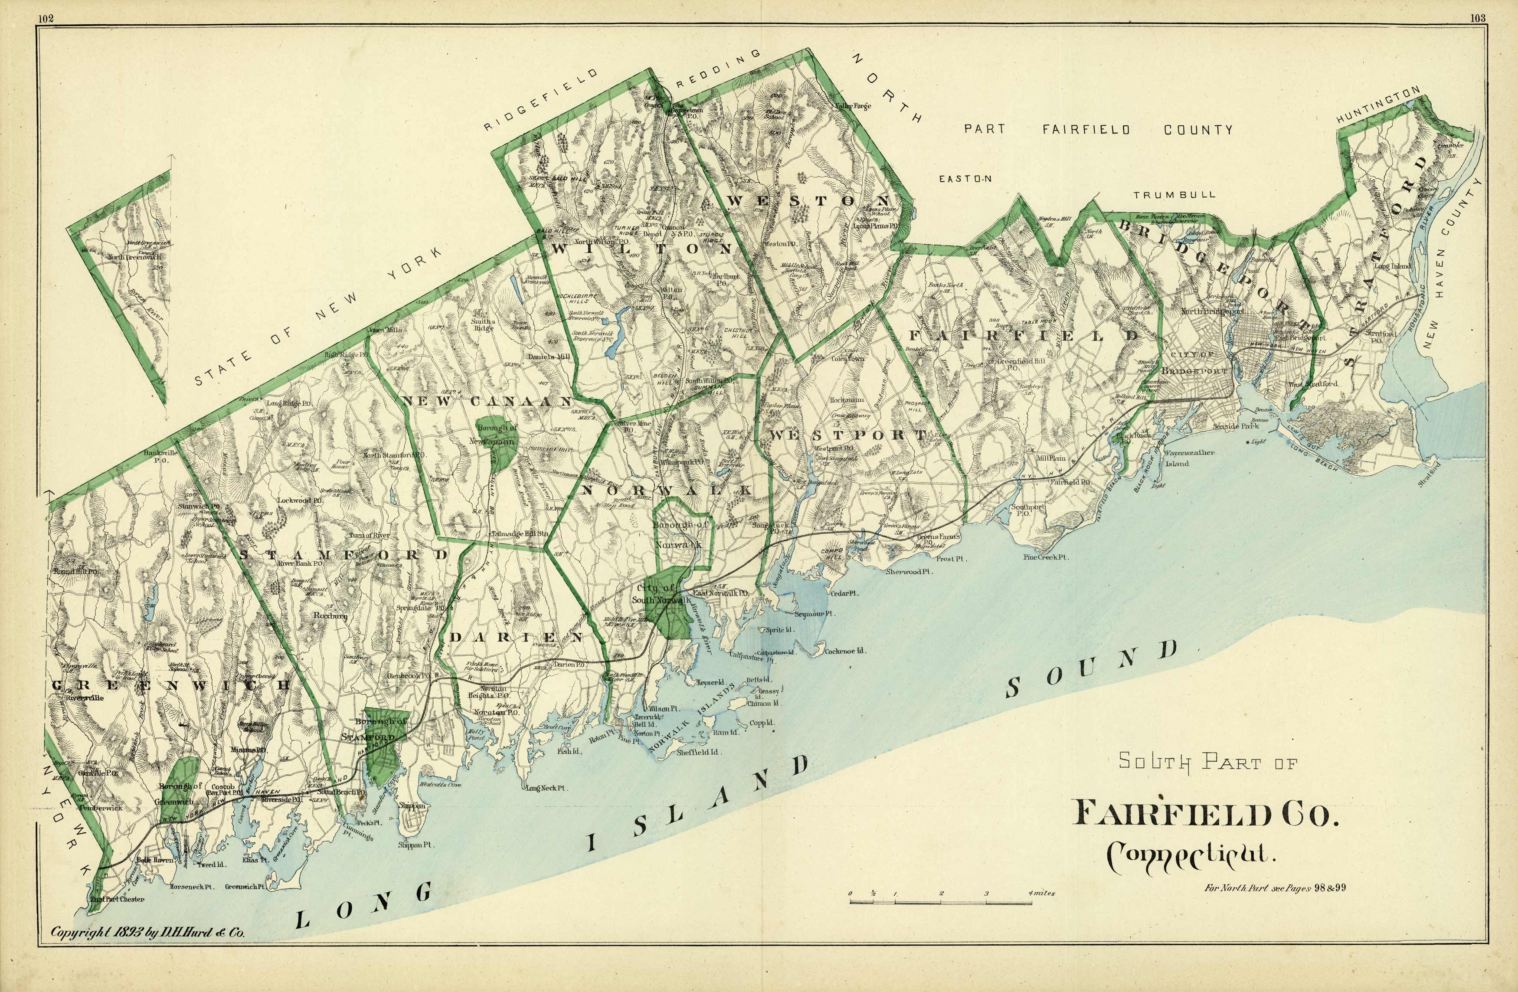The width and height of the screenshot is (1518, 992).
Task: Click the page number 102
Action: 45,18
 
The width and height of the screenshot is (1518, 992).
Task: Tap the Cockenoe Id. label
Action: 844,652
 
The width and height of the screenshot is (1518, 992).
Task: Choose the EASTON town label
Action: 965,179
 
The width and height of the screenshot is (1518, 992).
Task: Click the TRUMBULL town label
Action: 1174,195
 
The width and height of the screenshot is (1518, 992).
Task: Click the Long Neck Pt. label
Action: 546,788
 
